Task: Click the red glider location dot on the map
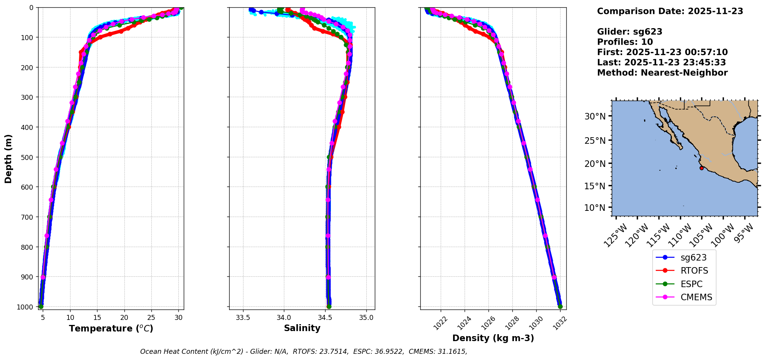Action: [x=702, y=168]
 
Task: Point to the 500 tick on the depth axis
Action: [x=28, y=157]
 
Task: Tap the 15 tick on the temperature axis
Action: [x=97, y=318]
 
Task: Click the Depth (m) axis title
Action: [x=8, y=159]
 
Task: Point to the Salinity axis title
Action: [x=302, y=328]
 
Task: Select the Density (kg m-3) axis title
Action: [x=493, y=338]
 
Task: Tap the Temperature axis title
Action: [x=111, y=328]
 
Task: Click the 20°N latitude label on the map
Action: [x=595, y=164]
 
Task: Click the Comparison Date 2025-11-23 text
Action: [x=670, y=11]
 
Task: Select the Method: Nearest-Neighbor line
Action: [x=662, y=73]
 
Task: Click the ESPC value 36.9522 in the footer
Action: [x=389, y=352]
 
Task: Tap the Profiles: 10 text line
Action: [x=625, y=42]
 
